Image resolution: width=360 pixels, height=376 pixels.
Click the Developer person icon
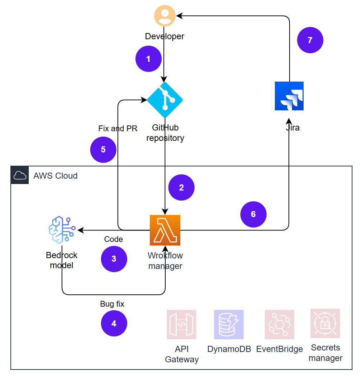coord(165,16)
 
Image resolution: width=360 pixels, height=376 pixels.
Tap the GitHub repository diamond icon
coord(165,100)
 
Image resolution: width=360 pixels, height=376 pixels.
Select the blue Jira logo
coord(289,96)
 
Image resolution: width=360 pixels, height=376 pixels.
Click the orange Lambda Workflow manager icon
coord(165,230)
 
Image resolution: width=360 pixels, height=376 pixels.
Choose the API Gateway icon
coord(181,325)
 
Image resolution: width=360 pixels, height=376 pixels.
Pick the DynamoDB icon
coord(229,325)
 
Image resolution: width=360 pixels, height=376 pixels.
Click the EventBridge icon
coord(279,325)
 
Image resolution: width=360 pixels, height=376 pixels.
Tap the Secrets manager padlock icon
coord(325,323)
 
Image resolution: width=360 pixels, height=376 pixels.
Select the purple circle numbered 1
coord(148,59)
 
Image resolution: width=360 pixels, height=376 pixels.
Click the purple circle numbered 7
coord(310,40)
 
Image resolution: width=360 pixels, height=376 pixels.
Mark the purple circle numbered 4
coord(114,323)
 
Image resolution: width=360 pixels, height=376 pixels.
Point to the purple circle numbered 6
coord(253,214)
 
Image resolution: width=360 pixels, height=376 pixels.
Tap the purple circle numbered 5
coord(103,150)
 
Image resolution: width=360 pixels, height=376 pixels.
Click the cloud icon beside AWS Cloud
coord(20,175)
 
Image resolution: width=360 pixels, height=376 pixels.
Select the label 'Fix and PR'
coord(118,128)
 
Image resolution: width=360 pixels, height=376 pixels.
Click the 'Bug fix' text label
coord(112,304)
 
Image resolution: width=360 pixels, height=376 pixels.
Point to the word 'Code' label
coord(114,239)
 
